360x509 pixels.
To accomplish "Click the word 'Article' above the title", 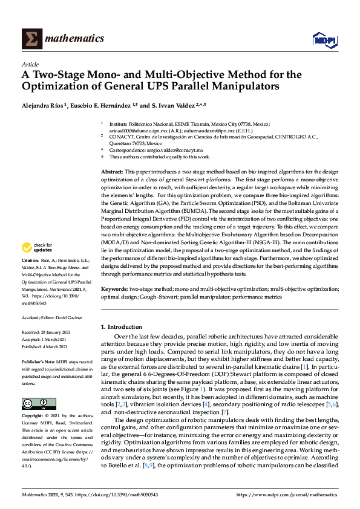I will [30, 63].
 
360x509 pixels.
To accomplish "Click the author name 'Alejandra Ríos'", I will [43, 105].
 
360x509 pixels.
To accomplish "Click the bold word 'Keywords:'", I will [115, 289].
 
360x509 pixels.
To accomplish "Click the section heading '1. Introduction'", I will [121, 326].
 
